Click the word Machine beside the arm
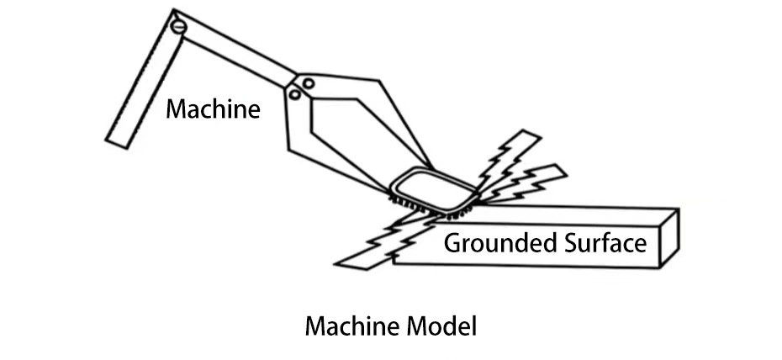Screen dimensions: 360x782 [x=213, y=109]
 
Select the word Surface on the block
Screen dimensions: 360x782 [x=601, y=244]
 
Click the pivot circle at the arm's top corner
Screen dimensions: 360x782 [x=178, y=26]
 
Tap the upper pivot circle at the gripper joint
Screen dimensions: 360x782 [x=309, y=83]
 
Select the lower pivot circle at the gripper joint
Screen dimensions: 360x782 [x=294, y=95]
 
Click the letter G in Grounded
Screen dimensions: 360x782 [x=452, y=244]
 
